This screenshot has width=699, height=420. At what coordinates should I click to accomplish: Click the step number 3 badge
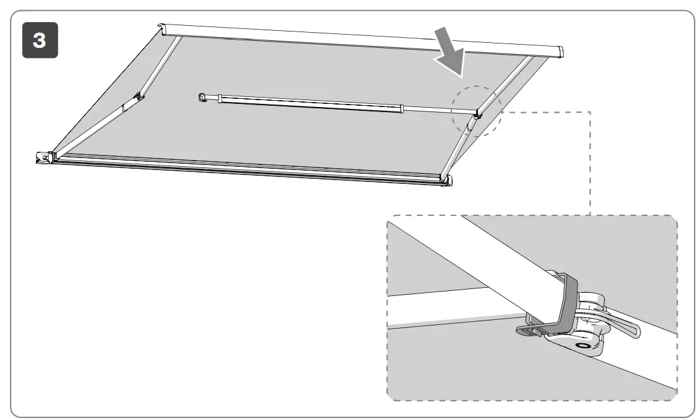click(x=40, y=40)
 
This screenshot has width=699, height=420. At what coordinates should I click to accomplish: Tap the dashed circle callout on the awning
click(x=477, y=111)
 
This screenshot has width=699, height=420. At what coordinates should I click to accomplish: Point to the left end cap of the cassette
click(x=164, y=30)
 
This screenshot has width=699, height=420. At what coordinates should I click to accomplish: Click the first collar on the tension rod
click(x=219, y=99)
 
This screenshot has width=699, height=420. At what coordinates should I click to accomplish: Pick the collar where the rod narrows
click(x=401, y=110)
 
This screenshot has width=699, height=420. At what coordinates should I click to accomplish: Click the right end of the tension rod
click(x=476, y=113)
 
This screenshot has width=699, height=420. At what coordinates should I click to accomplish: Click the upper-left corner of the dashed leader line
click(x=589, y=113)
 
